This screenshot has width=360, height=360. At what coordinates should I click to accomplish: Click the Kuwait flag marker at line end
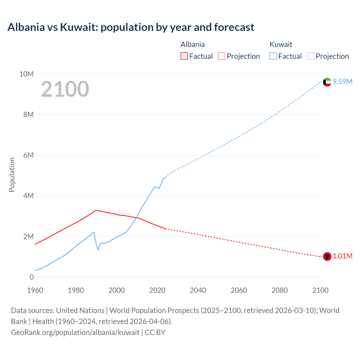[327, 82]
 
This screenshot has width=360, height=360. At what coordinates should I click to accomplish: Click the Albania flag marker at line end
[327, 256]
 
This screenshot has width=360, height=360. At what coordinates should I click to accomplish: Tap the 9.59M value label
[343, 82]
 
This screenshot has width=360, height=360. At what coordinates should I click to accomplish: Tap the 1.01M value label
[343, 256]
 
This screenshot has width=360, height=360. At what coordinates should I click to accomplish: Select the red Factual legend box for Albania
[184, 56]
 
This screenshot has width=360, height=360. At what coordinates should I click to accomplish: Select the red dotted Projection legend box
[222, 56]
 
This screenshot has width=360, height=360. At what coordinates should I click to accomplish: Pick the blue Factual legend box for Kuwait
[273, 56]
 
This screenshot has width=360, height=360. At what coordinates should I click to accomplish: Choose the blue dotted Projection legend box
[311, 56]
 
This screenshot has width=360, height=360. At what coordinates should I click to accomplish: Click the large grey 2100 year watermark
[65, 89]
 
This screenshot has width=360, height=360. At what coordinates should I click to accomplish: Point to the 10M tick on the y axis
[26, 74]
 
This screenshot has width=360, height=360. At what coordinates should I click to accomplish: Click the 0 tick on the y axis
[31, 277]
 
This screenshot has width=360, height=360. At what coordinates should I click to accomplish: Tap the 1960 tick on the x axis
[35, 290]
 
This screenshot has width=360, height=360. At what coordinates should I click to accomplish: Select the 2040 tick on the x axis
[198, 290]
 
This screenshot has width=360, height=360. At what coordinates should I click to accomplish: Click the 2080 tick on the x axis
[280, 290]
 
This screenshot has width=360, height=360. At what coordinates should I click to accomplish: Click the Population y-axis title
[12, 175]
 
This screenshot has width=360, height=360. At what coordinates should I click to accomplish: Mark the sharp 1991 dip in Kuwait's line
[98, 249]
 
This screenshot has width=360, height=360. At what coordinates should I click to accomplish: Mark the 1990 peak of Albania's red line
[96, 210]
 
